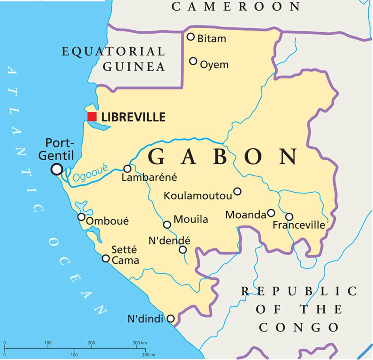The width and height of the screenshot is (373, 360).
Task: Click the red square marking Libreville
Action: pos(92,117)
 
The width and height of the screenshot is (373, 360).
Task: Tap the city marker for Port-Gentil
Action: pos(57,169)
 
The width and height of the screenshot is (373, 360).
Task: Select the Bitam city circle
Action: pos(191,37)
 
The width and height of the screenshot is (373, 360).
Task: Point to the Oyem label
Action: pos(214,65)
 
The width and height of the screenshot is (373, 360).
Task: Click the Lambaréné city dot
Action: pos(127,169)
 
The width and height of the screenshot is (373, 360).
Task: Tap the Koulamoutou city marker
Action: pos(237,191)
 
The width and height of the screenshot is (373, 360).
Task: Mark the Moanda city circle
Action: pos(271,213)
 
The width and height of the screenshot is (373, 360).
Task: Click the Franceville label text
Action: pos(299,225)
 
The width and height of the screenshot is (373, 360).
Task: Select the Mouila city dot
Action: pos(167,225)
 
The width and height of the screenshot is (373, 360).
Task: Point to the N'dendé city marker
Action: pos(183,250)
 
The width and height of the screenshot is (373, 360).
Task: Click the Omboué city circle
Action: pos(81,217)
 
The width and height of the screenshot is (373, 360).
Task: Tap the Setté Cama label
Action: pos(125,255)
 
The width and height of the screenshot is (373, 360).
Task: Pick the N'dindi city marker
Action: pos(171,318)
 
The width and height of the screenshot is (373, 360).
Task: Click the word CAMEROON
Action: pos(236,7)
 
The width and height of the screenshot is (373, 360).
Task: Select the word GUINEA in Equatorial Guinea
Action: pos(134,66)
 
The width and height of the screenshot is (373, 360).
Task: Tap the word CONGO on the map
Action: pos(299,327)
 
